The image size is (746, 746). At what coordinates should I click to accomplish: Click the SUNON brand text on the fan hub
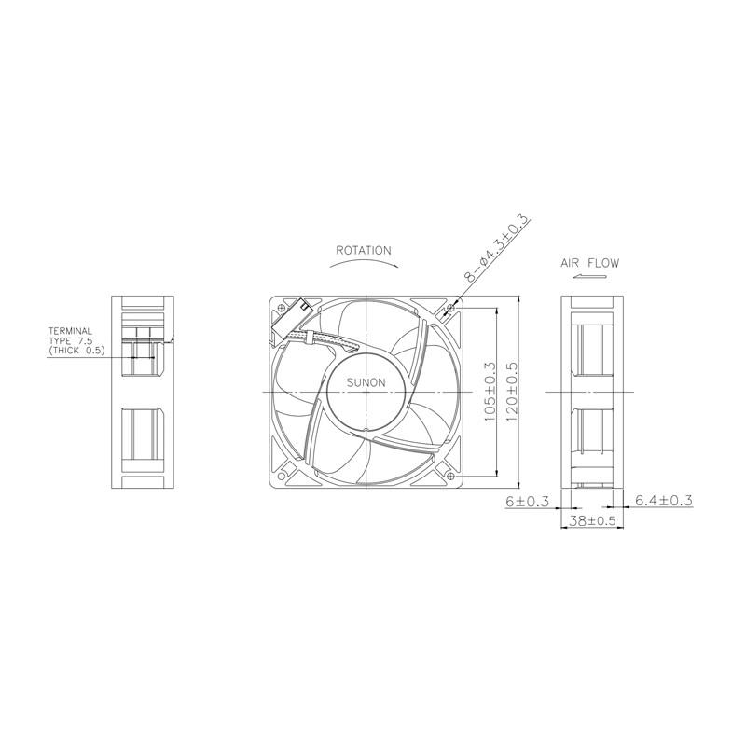(366, 382)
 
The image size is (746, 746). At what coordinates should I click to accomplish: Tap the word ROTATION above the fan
(364, 250)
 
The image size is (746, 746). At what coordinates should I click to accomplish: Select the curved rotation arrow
(365, 264)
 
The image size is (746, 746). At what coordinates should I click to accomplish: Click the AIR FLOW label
(590, 263)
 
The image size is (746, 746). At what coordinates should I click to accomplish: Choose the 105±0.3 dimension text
(490, 392)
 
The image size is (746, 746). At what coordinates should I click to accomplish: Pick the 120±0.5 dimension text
(511, 392)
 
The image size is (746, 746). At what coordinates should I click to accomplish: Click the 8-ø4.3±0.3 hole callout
(497, 247)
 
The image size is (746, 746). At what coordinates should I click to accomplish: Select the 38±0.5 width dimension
(592, 521)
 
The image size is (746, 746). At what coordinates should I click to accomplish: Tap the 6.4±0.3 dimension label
(664, 500)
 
